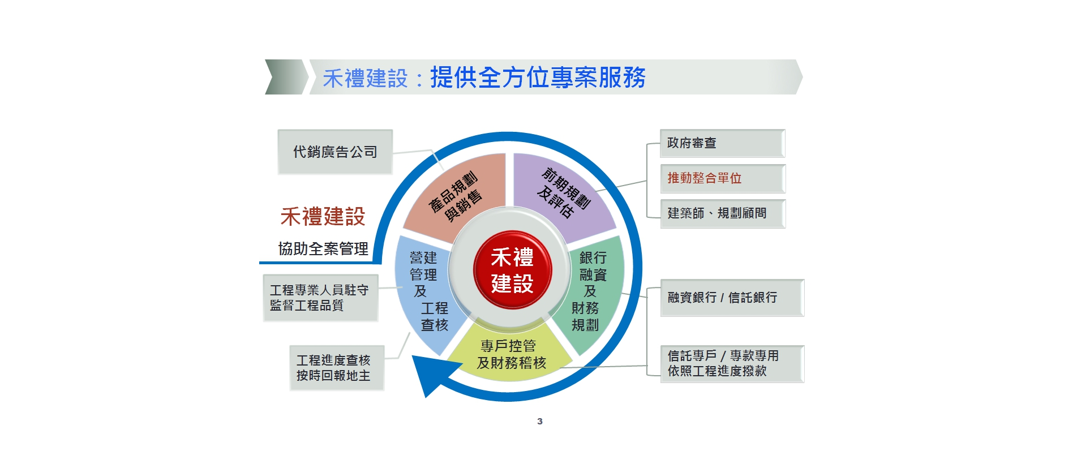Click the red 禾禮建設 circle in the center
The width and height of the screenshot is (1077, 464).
(512, 270)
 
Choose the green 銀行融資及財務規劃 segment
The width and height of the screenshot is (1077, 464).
(591, 291)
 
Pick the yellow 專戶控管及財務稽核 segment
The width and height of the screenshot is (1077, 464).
(511, 354)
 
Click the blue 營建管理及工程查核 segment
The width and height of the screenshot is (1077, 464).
(427, 291)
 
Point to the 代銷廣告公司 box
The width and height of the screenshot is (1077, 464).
(335, 152)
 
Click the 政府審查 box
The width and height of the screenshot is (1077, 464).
(722, 143)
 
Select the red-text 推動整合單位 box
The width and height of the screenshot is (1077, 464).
(722, 178)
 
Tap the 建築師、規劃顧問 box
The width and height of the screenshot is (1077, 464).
(722, 213)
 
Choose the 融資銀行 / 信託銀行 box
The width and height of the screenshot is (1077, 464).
(732, 298)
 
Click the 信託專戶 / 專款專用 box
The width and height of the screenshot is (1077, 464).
(732, 364)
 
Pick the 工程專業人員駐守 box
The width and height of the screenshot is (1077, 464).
(320, 298)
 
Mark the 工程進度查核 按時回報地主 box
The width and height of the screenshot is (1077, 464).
(336, 368)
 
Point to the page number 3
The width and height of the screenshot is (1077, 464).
(539, 421)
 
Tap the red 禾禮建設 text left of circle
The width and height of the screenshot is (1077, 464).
(323, 217)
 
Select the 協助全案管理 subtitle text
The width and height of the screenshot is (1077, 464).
(323, 249)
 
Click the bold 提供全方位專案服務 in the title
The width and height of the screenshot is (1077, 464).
(538, 78)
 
